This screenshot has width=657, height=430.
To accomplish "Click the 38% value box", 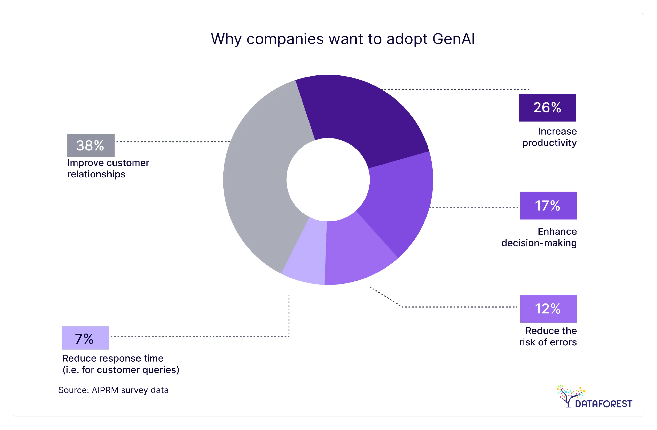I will pos(91,145).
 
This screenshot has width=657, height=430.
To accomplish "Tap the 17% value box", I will pos(548,206).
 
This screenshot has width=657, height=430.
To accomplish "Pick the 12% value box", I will pos(548,309).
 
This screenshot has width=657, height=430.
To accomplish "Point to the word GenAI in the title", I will pos(454,39).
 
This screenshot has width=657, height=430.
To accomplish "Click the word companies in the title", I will pos(285,39).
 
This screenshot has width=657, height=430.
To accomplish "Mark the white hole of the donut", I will pos(328,180).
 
